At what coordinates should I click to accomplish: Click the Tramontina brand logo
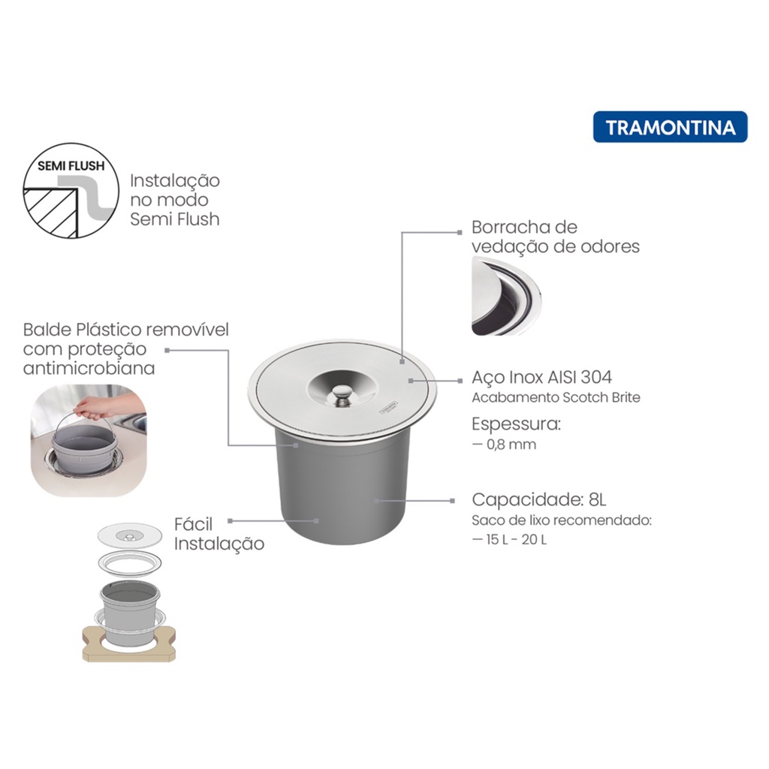point(670,127)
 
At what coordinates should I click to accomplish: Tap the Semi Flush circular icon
point(71,191)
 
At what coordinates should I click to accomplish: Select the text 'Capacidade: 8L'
point(539,499)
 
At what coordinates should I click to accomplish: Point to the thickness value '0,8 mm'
point(511,445)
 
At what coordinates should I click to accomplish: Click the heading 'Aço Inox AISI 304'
point(542,377)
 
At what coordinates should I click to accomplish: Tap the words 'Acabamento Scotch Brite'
point(556,397)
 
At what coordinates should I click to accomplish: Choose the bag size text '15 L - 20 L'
point(516,539)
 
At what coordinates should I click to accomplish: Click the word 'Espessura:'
point(516,424)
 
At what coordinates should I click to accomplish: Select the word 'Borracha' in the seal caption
point(508,227)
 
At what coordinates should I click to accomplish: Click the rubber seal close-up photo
point(507,296)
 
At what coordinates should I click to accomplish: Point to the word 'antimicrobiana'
point(89,368)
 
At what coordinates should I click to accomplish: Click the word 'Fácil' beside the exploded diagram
point(193,524)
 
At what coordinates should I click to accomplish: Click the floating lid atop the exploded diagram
point(129,535)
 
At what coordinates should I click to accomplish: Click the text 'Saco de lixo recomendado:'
point(562,520)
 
